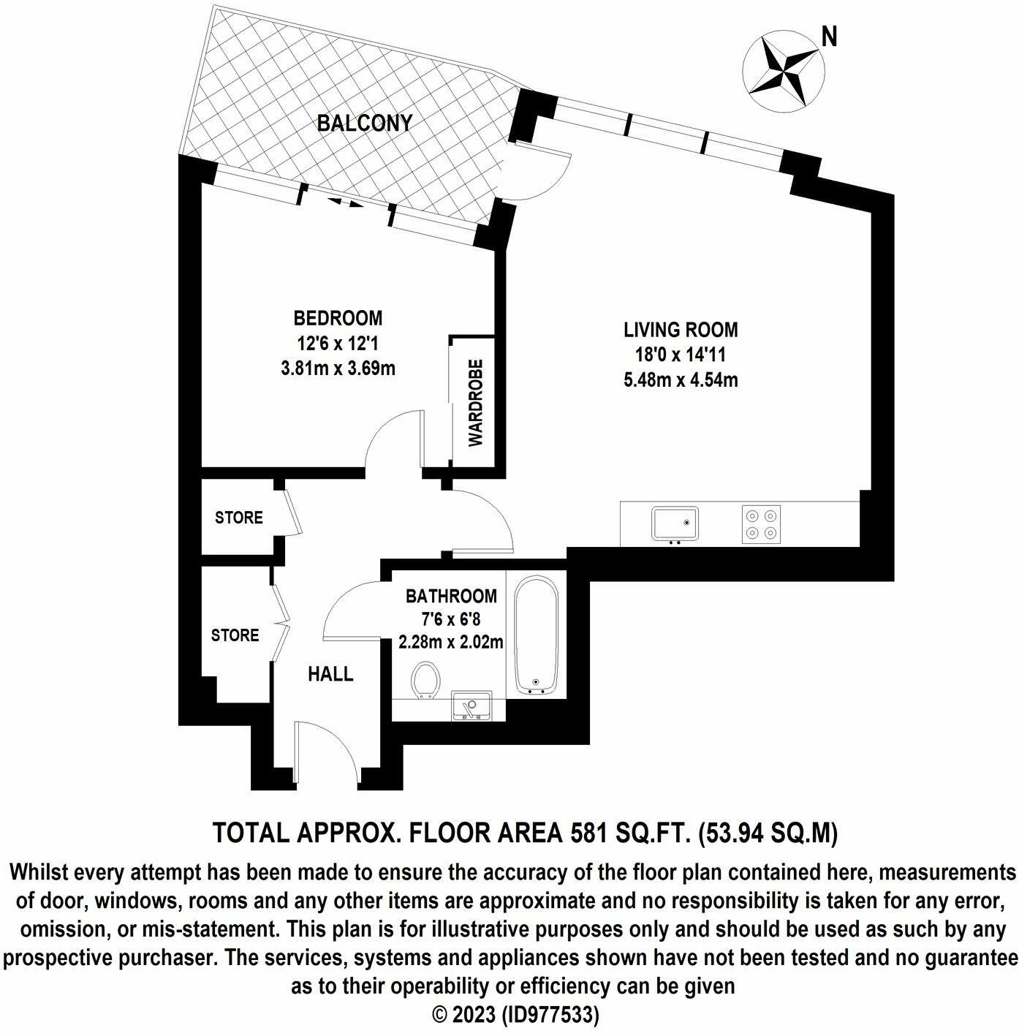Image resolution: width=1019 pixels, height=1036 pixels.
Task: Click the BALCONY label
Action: click(365, 123)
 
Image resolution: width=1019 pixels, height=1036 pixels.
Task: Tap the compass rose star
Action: click(783, 72)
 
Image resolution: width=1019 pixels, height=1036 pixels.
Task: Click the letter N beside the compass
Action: click(829, 37)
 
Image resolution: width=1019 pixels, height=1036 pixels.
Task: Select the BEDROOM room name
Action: click(338, 318)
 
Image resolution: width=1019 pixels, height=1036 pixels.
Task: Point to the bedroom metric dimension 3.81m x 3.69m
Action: click(338, 368)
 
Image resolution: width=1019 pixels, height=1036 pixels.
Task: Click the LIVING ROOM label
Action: click(681, 330)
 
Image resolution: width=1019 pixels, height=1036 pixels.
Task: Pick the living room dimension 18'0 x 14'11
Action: click(681, 355)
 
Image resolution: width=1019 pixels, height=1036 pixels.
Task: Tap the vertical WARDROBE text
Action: click(476, 403)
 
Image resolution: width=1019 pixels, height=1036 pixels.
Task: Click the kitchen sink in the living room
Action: click(675, 523)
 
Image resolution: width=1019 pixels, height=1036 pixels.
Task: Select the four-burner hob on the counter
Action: click(761, 523)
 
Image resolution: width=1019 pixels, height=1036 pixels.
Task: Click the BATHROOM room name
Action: click(451, 597)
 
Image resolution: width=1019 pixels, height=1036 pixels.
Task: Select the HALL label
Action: click(330, 674)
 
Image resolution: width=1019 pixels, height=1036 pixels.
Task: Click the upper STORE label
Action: click(238, 518)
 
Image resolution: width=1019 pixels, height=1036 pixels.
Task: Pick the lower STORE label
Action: click(235, 635)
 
